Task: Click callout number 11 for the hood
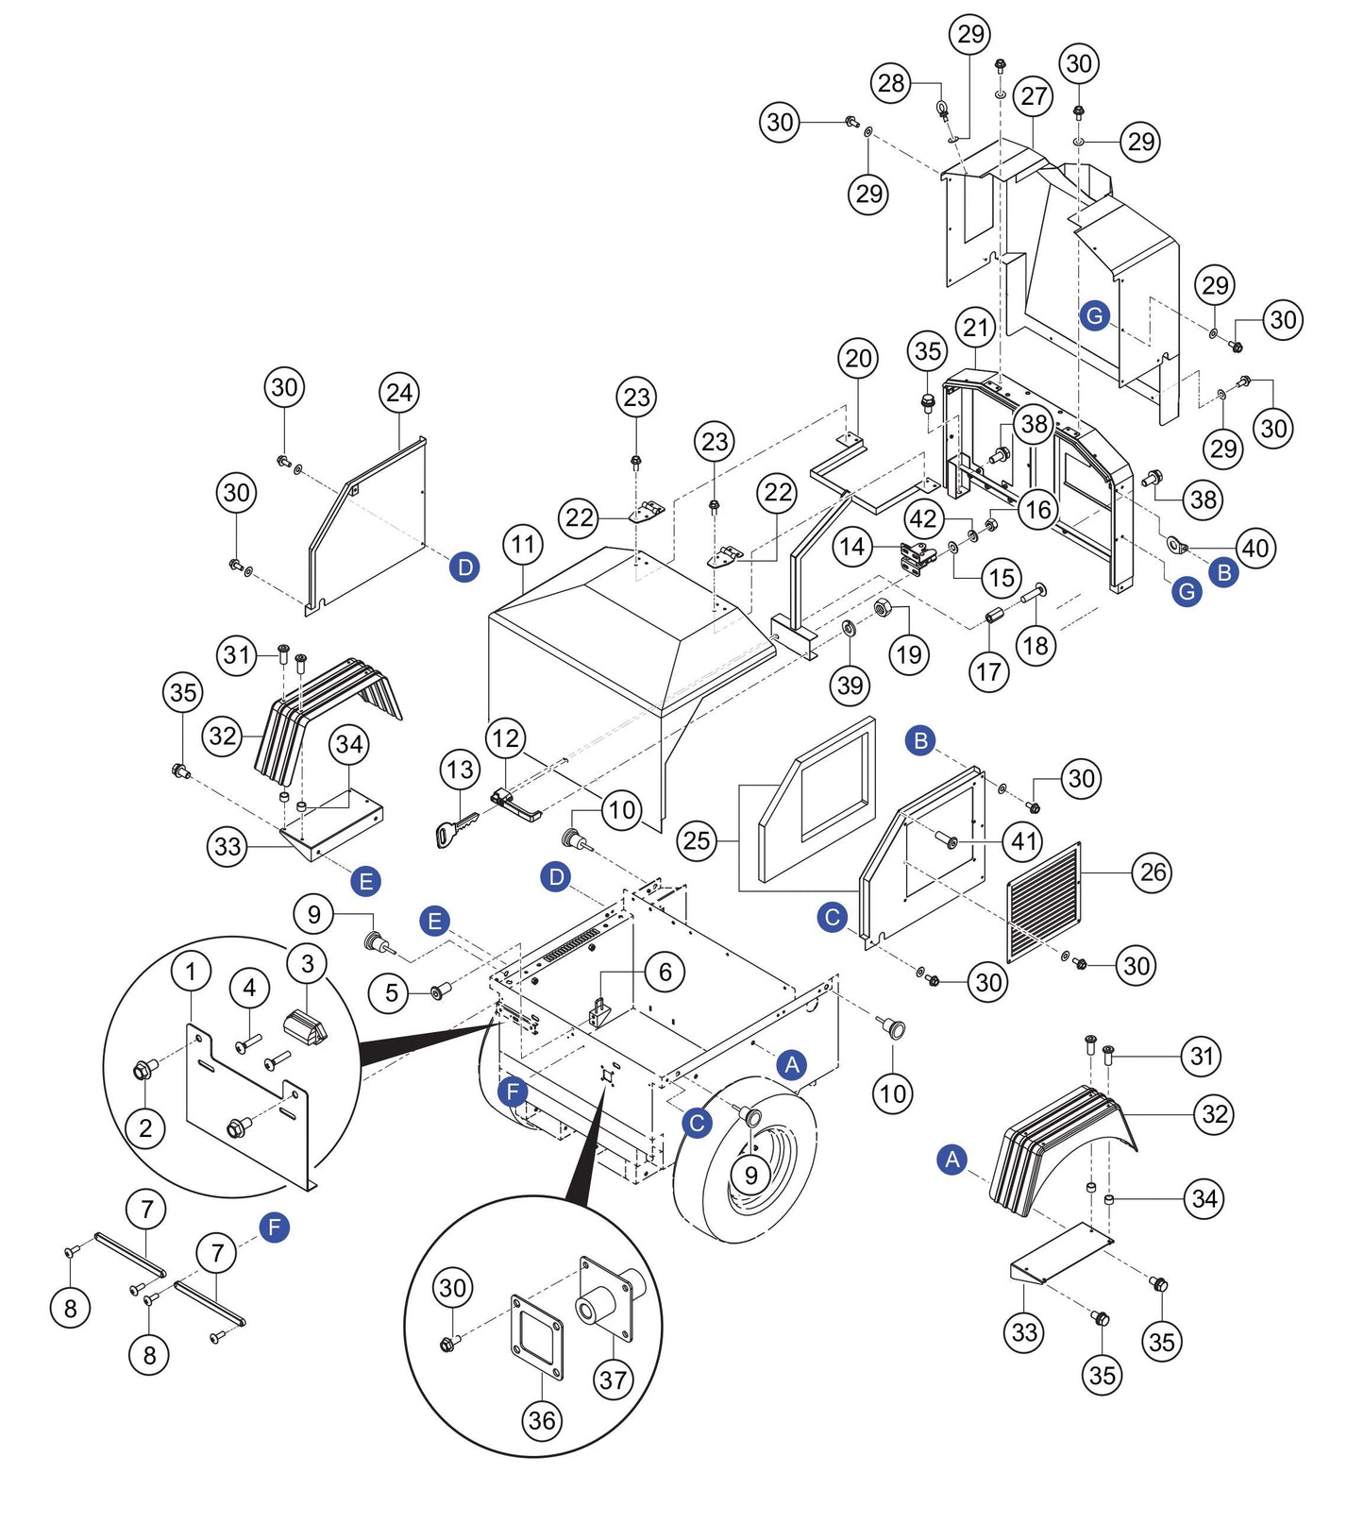point(523,545)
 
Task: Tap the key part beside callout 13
point(455,830)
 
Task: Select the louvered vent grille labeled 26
point(1044,901)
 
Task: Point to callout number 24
point(399,393)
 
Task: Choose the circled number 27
point(1035,95)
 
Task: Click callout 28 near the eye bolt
point(891,83)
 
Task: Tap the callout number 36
point(542,1420)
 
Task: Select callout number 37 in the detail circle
point(614,1380)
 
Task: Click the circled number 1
point(192,971)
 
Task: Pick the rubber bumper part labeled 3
point(305,1027)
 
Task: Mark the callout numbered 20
point(858,359)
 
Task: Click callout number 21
point(976,328)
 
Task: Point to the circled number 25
point(697,839)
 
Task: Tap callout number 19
point(909,654)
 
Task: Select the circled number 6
point(665,972)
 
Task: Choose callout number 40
point(1255,548)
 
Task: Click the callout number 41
point(1025,840)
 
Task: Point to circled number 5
point(391,992)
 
